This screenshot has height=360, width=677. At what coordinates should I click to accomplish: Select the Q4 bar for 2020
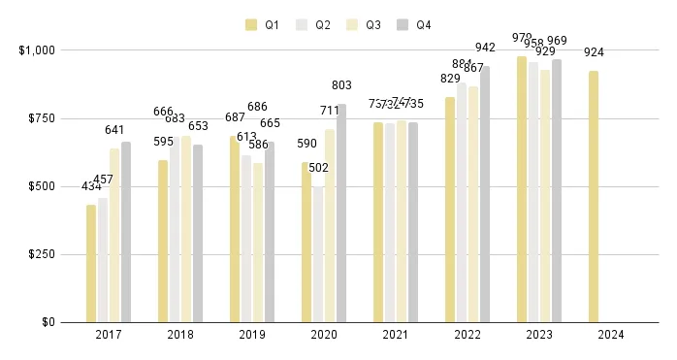click(x=341, y=213)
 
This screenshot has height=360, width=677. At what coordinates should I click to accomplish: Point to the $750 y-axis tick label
click(x=36, y=118)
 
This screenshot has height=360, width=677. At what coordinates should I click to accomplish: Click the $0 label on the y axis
click(x=45, y=322)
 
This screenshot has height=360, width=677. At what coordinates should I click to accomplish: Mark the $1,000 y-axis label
click(x=33, y=49)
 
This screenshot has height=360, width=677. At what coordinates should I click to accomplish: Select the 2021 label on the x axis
click(x=396, y=335)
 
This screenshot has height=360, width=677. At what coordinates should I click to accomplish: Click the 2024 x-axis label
click(x=611, y=335)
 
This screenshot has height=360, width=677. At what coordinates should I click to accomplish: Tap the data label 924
click(x=594, y=52)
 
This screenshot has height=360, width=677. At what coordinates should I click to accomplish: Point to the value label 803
click(x=341, y=85)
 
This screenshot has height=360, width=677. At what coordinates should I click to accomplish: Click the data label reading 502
click(x=318, y=168)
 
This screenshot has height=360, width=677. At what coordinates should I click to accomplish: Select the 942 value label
click(x=485, y=48)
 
